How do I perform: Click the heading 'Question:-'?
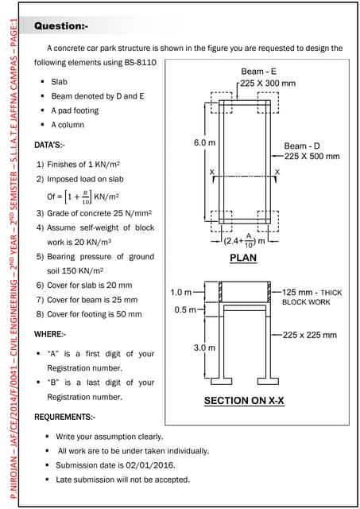pyautogui.click(x=61, y=26)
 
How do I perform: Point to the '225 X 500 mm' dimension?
pyautogui.click(x=312, y=157)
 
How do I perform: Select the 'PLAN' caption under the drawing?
pyautogui.click(x=243, y=258)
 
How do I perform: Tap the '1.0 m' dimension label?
pyautogui.click(x=181, y=293)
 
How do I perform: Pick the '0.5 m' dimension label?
pyautogui.click(x=186, y=310)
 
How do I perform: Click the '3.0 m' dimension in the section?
pyautogui.click(x=205, y=348)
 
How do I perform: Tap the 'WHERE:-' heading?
pyautogui.click(x=50, y=334)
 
